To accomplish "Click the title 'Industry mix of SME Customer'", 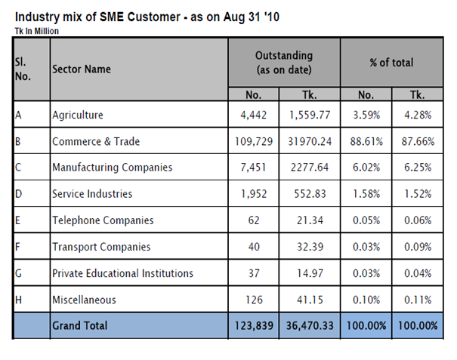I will coord(144,17).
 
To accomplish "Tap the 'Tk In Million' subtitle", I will coord(37,31).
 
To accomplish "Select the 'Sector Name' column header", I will coord(82,69).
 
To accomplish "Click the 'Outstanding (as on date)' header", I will coord(284,62).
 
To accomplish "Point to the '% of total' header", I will coord(391,63).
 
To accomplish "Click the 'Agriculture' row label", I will coord(78,115).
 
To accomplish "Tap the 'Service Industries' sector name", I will coord(92,194).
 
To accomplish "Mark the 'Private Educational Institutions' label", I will coord(122,273).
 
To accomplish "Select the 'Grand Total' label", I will coord(80,326).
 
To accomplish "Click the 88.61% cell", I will coord(364,141).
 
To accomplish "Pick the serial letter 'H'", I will coord(17,300).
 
